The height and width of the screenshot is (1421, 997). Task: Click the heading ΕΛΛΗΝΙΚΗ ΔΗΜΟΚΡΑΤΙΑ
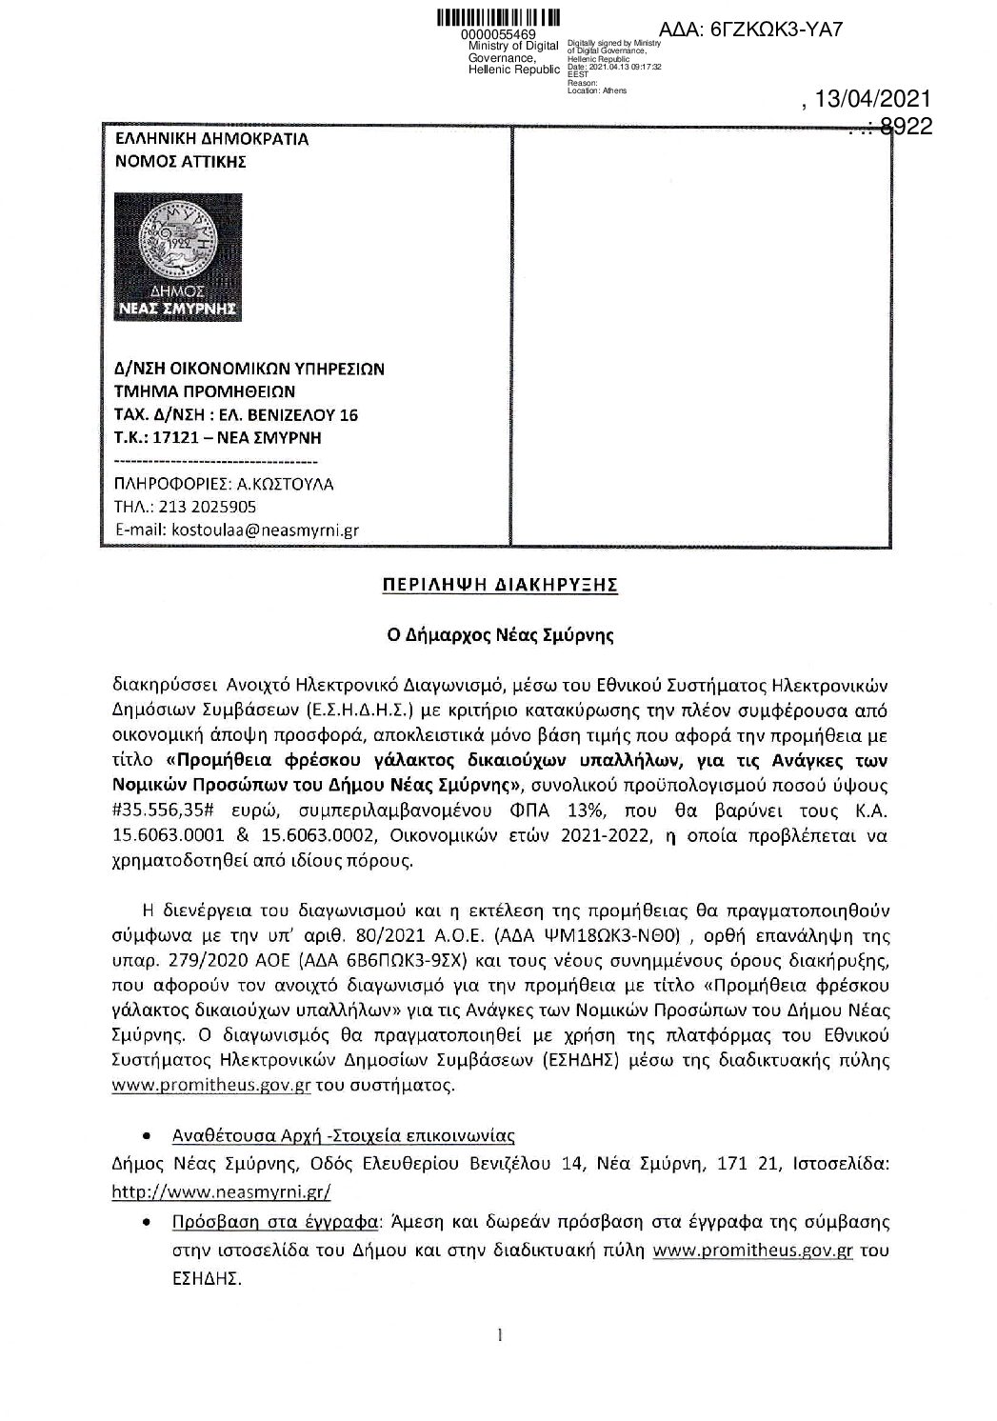tap(210, 139)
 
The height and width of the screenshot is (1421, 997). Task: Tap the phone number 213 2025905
tap(206, 507)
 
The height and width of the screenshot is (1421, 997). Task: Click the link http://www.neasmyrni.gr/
tap(221, 1191)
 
